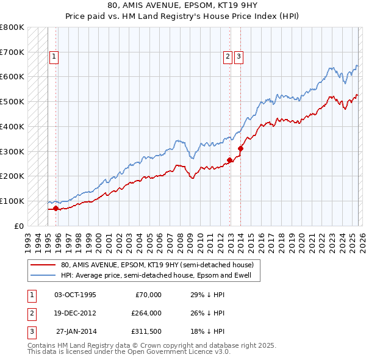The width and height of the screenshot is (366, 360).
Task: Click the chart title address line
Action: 182,5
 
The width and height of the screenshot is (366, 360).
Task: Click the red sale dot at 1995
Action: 56,208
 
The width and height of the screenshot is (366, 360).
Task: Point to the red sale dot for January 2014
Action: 241,148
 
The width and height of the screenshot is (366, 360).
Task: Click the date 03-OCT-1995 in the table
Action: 75,295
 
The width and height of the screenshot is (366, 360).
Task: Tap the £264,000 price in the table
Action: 146,314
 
